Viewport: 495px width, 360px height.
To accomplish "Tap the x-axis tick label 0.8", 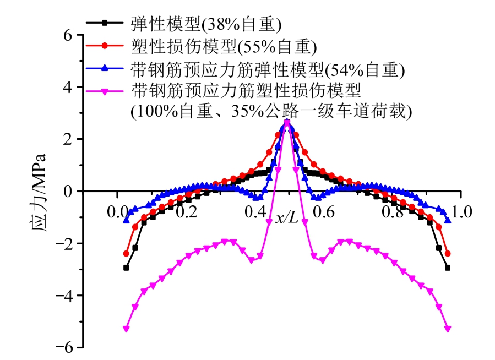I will tap(393, 211).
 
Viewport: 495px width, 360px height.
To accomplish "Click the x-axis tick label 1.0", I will tap(461, 211).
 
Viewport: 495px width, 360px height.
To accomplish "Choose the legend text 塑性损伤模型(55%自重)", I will tap(223, 46).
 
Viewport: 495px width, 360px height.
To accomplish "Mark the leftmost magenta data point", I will tap(126, 329).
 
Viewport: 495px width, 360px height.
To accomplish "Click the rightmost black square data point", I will tap(448, 268).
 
